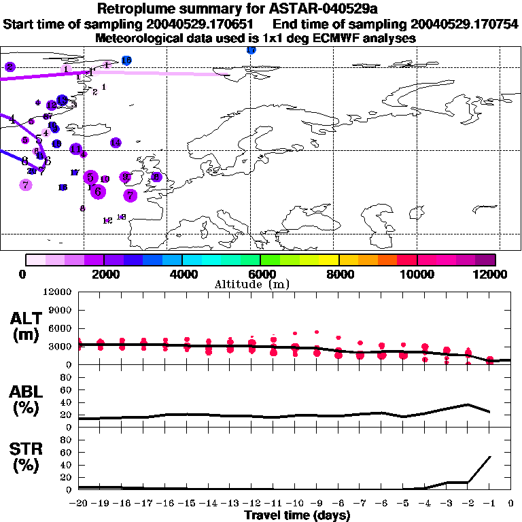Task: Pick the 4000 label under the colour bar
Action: pos(182,275)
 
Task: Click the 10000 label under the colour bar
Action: pos(417,275)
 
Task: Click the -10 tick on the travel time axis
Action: pos(294,503)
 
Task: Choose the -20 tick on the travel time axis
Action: pos(78,503)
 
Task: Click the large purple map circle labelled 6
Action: pos(98,192)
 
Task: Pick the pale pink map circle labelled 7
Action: pos(25,184)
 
